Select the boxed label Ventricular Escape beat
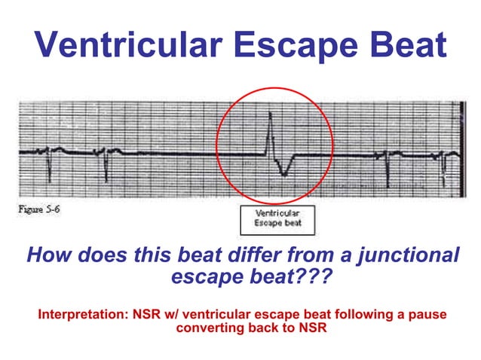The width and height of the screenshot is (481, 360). point(277,218)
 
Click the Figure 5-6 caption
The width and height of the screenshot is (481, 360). point(40,209)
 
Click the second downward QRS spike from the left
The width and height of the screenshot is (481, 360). point(106,169)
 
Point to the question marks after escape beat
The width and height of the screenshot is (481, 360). point(313,277)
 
